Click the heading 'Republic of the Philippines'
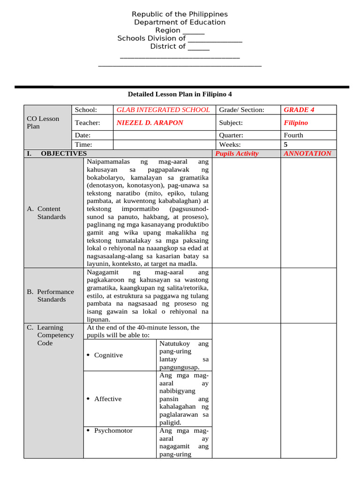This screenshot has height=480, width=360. click(x=180, y=15)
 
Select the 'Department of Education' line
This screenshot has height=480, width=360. click(x=180, y=22)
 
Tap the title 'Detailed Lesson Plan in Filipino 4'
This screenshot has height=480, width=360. click(x=180, y=94)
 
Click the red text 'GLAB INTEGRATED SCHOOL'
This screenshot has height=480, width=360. click(x=163, y=110)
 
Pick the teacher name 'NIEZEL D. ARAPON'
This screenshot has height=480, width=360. click(x=150, y=123)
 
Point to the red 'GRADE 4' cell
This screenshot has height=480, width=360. click(x=299, y=110)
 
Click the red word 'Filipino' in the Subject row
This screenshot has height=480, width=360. click(x=296, y=123)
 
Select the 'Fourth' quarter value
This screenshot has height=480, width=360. click(x=293, y=135)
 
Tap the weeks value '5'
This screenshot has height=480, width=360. click(x=286, y=145)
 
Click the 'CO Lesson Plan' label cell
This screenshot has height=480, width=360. click(x=43, y=122)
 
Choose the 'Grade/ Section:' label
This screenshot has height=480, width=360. click(x=241, y=110)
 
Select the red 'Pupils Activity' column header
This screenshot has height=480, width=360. click(x=237, y=154)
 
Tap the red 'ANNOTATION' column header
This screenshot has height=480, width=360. click(x=307, y=153)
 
